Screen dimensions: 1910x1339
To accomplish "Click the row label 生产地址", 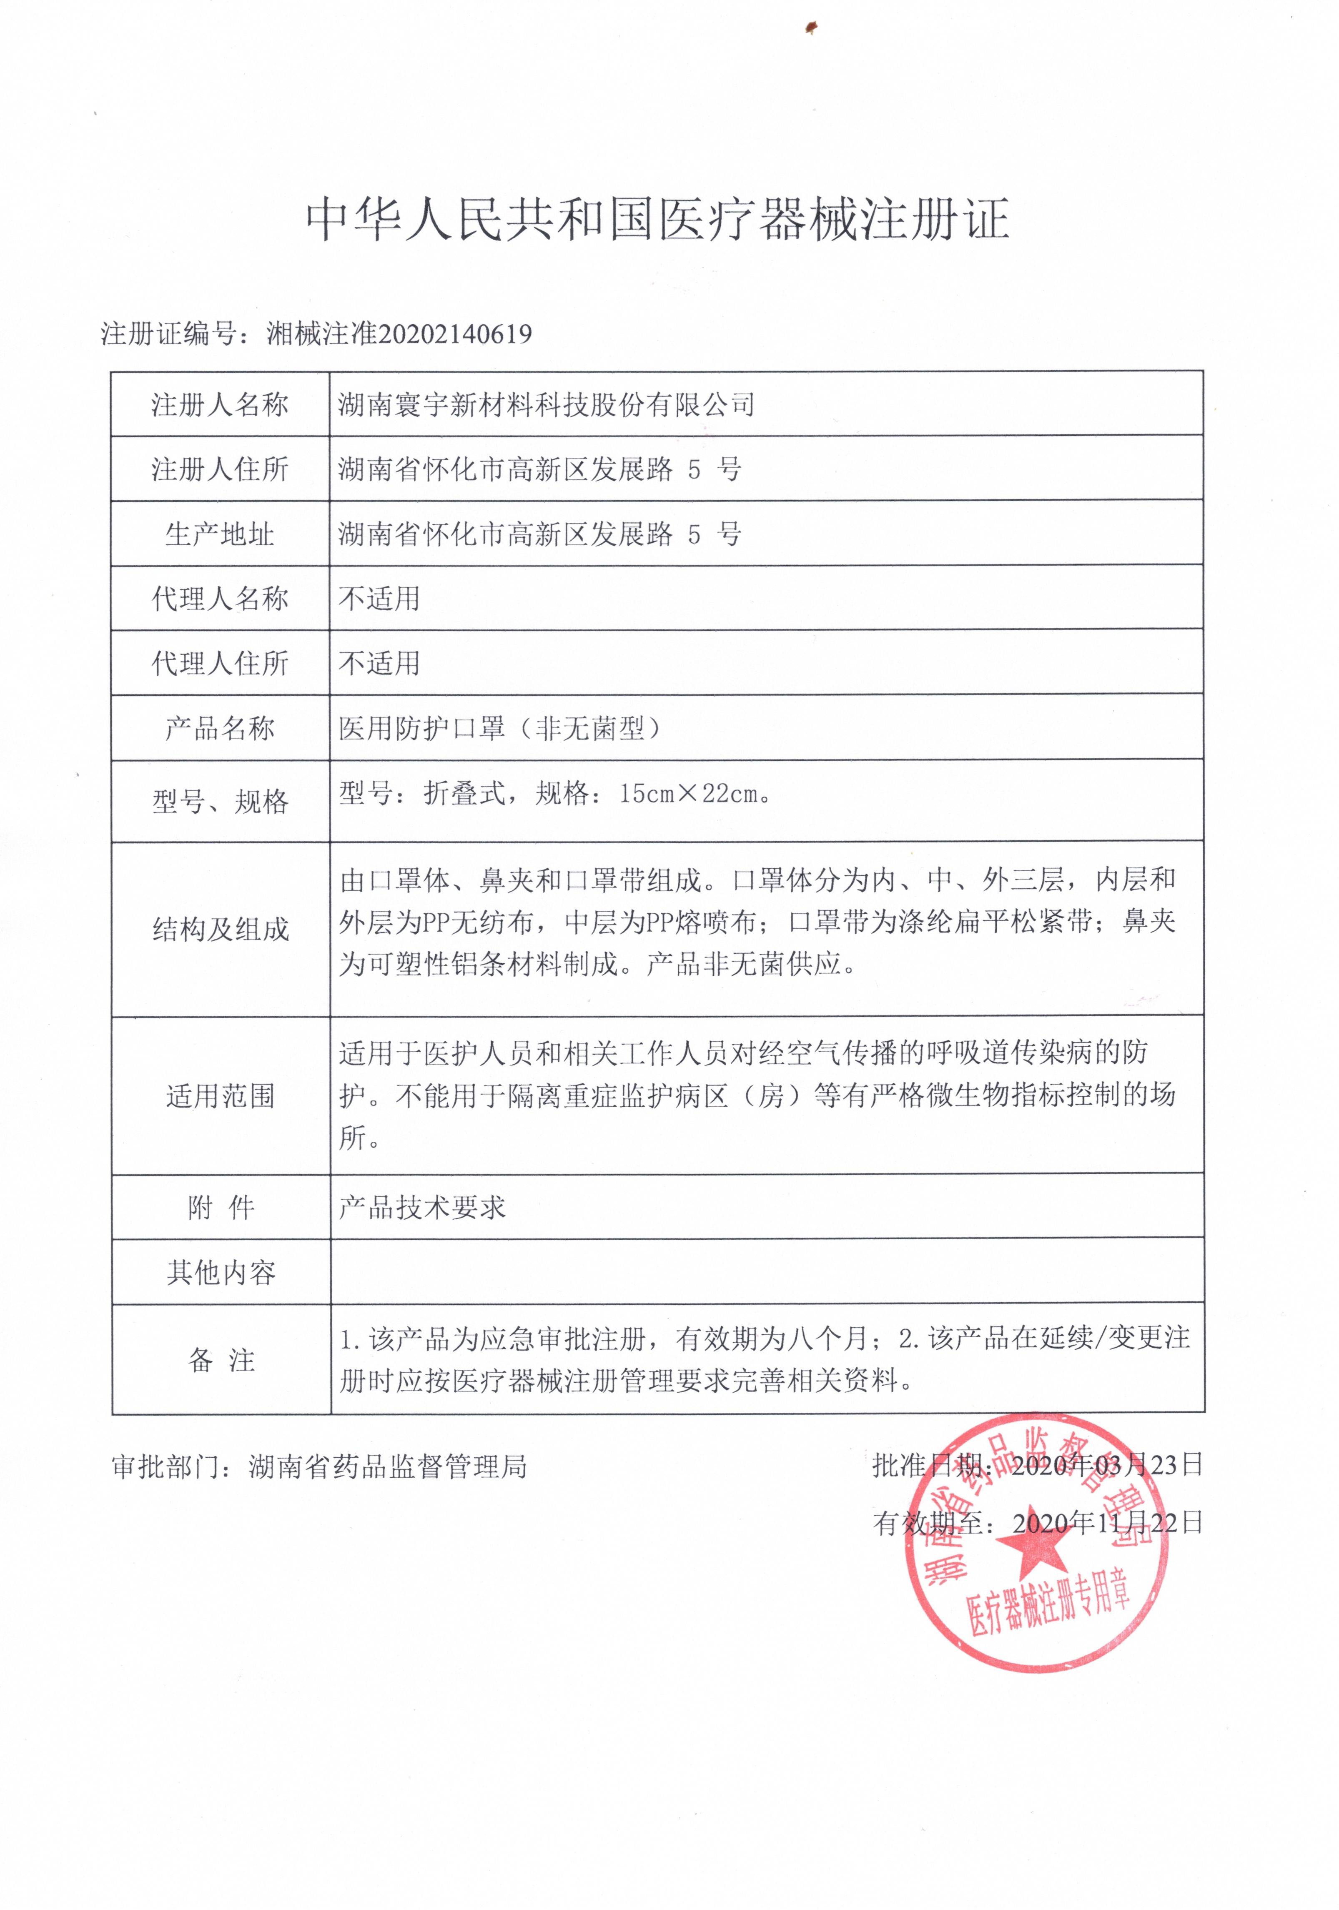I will click(x=220, y=534).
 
